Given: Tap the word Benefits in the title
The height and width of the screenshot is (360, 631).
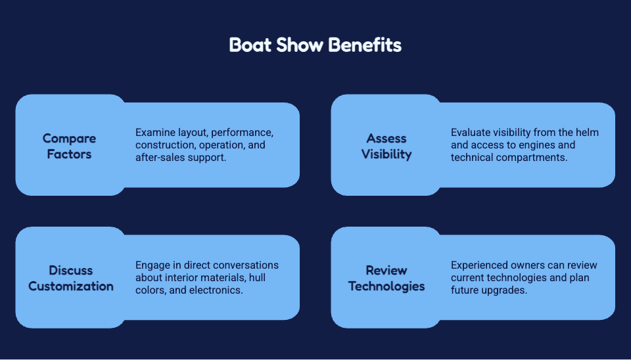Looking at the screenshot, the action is point(365,45).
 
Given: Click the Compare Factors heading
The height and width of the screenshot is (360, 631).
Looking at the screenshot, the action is point(69,146).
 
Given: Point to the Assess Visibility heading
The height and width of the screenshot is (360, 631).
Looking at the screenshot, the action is point(386,146).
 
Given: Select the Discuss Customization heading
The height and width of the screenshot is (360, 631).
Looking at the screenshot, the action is point(71,279).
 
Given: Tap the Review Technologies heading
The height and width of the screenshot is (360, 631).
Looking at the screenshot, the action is point(386,279).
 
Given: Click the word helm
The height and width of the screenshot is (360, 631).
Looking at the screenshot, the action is point(587,132).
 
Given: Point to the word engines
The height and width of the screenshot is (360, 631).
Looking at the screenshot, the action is point(538,145).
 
